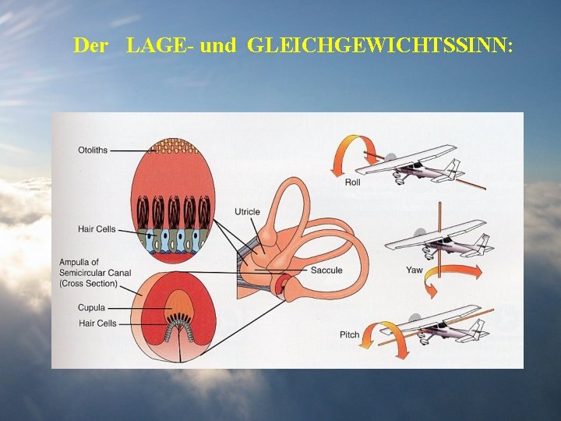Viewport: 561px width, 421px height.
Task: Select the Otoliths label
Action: tap(93, 150)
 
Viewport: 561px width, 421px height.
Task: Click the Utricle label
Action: tap(247, 212)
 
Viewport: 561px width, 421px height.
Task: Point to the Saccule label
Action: tap(326, 271)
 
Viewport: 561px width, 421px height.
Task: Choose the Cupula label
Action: tap(91, 308)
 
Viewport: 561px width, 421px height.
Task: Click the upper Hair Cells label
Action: tap(97, 229)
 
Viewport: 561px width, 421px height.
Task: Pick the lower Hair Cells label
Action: tap(97, 323)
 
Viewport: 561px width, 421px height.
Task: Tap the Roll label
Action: tap(352, 182)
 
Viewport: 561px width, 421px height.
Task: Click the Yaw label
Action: tap(415, 271)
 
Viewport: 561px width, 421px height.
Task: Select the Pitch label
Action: tap(350, 334)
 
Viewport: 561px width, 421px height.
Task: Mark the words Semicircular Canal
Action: tap(95, 273)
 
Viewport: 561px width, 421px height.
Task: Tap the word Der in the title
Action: tap(90, 45)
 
